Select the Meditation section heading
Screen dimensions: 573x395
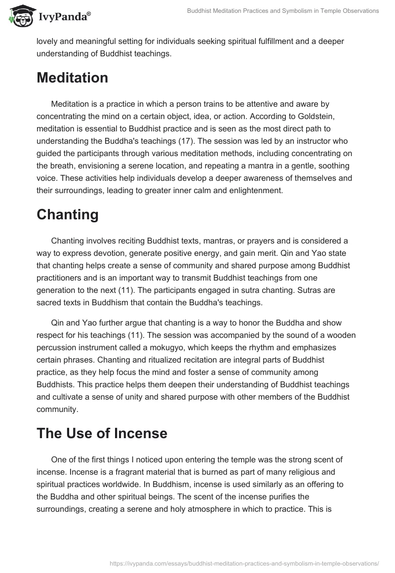pyautogui.click(x=72, y=78)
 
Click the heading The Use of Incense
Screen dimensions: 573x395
pyautogui.click(x=102, y=433)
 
